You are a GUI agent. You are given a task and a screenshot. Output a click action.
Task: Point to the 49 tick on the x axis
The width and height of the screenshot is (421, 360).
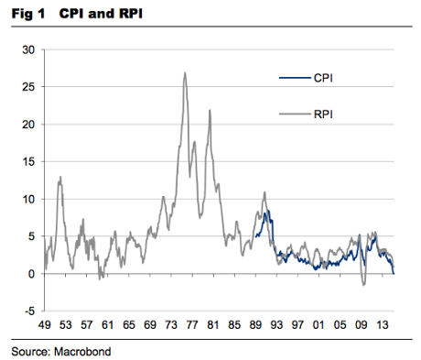click(44, 324)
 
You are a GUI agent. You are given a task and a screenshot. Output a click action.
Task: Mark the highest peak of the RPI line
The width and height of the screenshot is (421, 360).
click(185, 72)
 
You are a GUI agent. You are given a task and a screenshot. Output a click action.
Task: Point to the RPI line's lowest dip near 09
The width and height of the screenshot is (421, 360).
click(363, 285)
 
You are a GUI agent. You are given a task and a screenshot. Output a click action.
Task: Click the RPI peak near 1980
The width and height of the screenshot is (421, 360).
click(210, 110)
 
